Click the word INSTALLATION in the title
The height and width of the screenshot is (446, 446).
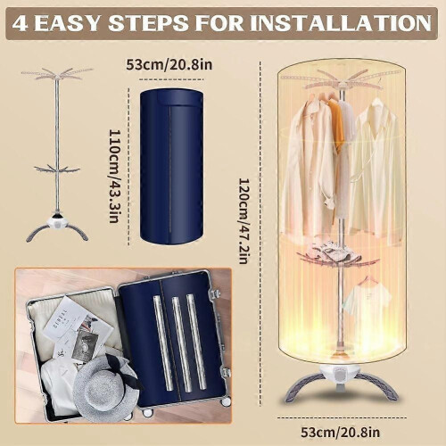click(x=341, y=23)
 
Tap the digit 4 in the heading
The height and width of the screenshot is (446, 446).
click(x=21, y=23)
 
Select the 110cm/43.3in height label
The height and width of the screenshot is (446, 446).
click(x=114, y=176)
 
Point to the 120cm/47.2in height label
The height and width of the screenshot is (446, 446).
click(x=244, y=221)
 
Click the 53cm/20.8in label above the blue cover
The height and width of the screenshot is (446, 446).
click(x=169, y=64)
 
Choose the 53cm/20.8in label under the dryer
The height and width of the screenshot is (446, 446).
click(x=340, y=433)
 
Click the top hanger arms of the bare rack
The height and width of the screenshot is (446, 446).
click(x=57, y=74)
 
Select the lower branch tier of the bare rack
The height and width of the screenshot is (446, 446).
click(x=57, y=170)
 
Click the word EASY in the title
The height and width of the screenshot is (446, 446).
click(x=66, y=23)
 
